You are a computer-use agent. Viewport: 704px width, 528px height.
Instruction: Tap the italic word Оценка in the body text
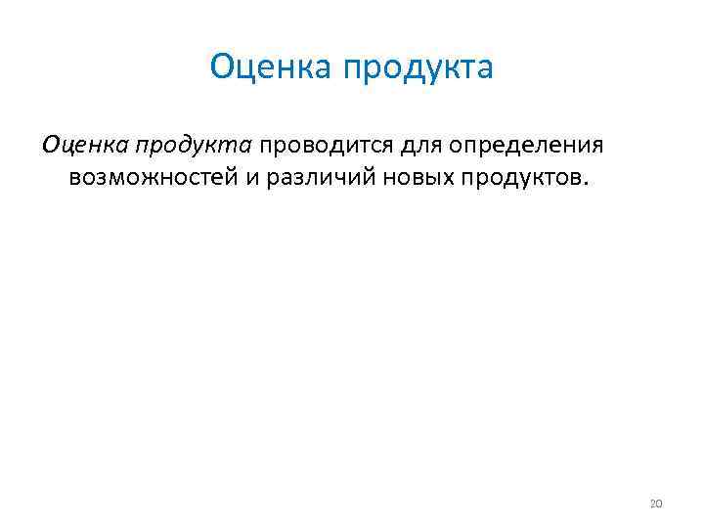tap(84, 146)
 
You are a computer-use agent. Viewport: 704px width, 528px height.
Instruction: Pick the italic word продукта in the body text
tap(195, 147)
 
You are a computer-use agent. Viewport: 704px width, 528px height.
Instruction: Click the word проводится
tap(326, 147)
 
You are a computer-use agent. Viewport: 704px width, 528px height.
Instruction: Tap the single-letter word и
tap(252, 180)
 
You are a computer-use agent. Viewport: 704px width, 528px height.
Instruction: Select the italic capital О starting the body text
tap(51, 146)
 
